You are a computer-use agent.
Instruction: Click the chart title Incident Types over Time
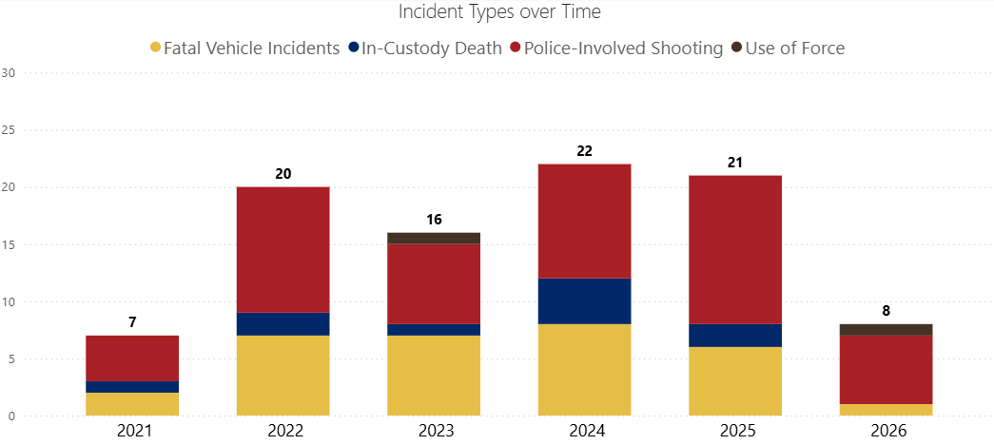[499, 12]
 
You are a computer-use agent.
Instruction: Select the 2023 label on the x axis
[434, 431]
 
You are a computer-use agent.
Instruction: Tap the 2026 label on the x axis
[887, 431]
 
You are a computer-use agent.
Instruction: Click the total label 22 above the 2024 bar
[584, 151]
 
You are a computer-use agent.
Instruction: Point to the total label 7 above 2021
[132, 323]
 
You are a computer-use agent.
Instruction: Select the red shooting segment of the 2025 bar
[735, 249]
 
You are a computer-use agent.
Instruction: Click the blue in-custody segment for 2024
[584, 301]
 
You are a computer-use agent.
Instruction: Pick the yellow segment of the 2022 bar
[283, 376]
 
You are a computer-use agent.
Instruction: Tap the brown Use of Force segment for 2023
[434, 238]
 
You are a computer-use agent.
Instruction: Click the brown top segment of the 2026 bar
[887, 329]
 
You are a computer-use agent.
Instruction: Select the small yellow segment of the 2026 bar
[887, 410]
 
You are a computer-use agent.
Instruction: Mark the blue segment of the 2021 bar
[132, 387]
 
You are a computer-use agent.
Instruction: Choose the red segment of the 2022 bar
[283, 249]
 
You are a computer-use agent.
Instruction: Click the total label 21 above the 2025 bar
[735, 163]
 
